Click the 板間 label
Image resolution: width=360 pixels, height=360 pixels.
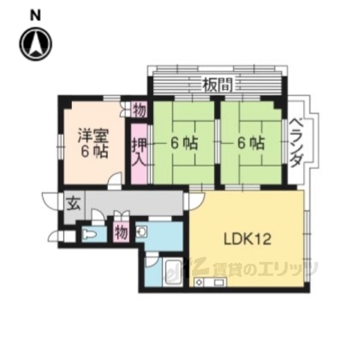click(216, 84)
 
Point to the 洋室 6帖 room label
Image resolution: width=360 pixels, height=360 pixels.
click(94, 142)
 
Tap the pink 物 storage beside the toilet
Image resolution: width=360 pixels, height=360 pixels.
click(121, 231)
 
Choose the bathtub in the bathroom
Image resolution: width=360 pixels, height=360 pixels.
click(172, 274)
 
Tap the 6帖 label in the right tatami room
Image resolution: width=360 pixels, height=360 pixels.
click(252, 142)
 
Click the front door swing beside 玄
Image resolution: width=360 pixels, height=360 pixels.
click(51, 201)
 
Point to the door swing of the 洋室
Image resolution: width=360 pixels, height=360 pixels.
click(115, 181)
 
